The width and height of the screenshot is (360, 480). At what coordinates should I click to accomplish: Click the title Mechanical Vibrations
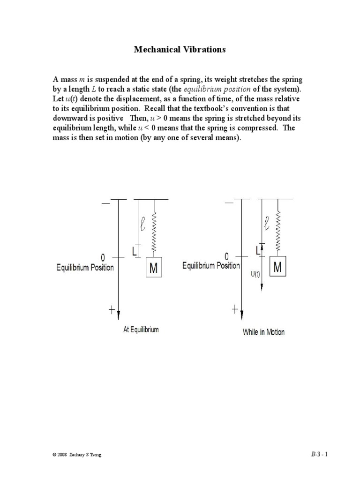180,49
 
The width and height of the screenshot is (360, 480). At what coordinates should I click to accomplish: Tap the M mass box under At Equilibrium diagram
154,269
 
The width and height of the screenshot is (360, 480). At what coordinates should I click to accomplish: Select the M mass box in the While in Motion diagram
277,267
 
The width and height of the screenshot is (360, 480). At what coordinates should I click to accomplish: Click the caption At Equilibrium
141,330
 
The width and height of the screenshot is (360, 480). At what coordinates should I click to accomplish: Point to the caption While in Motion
263,332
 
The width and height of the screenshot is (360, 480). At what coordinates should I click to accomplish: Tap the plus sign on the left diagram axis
112,309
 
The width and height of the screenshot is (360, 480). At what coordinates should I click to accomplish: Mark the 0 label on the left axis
103,257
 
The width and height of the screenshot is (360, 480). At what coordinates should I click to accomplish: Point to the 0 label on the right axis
227,256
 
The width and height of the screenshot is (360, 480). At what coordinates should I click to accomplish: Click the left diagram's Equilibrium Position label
85,268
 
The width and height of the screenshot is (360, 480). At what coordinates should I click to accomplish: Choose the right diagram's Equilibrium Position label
211,266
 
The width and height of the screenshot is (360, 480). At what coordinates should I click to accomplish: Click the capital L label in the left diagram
135,252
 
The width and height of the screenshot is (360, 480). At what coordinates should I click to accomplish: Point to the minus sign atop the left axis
106,203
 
